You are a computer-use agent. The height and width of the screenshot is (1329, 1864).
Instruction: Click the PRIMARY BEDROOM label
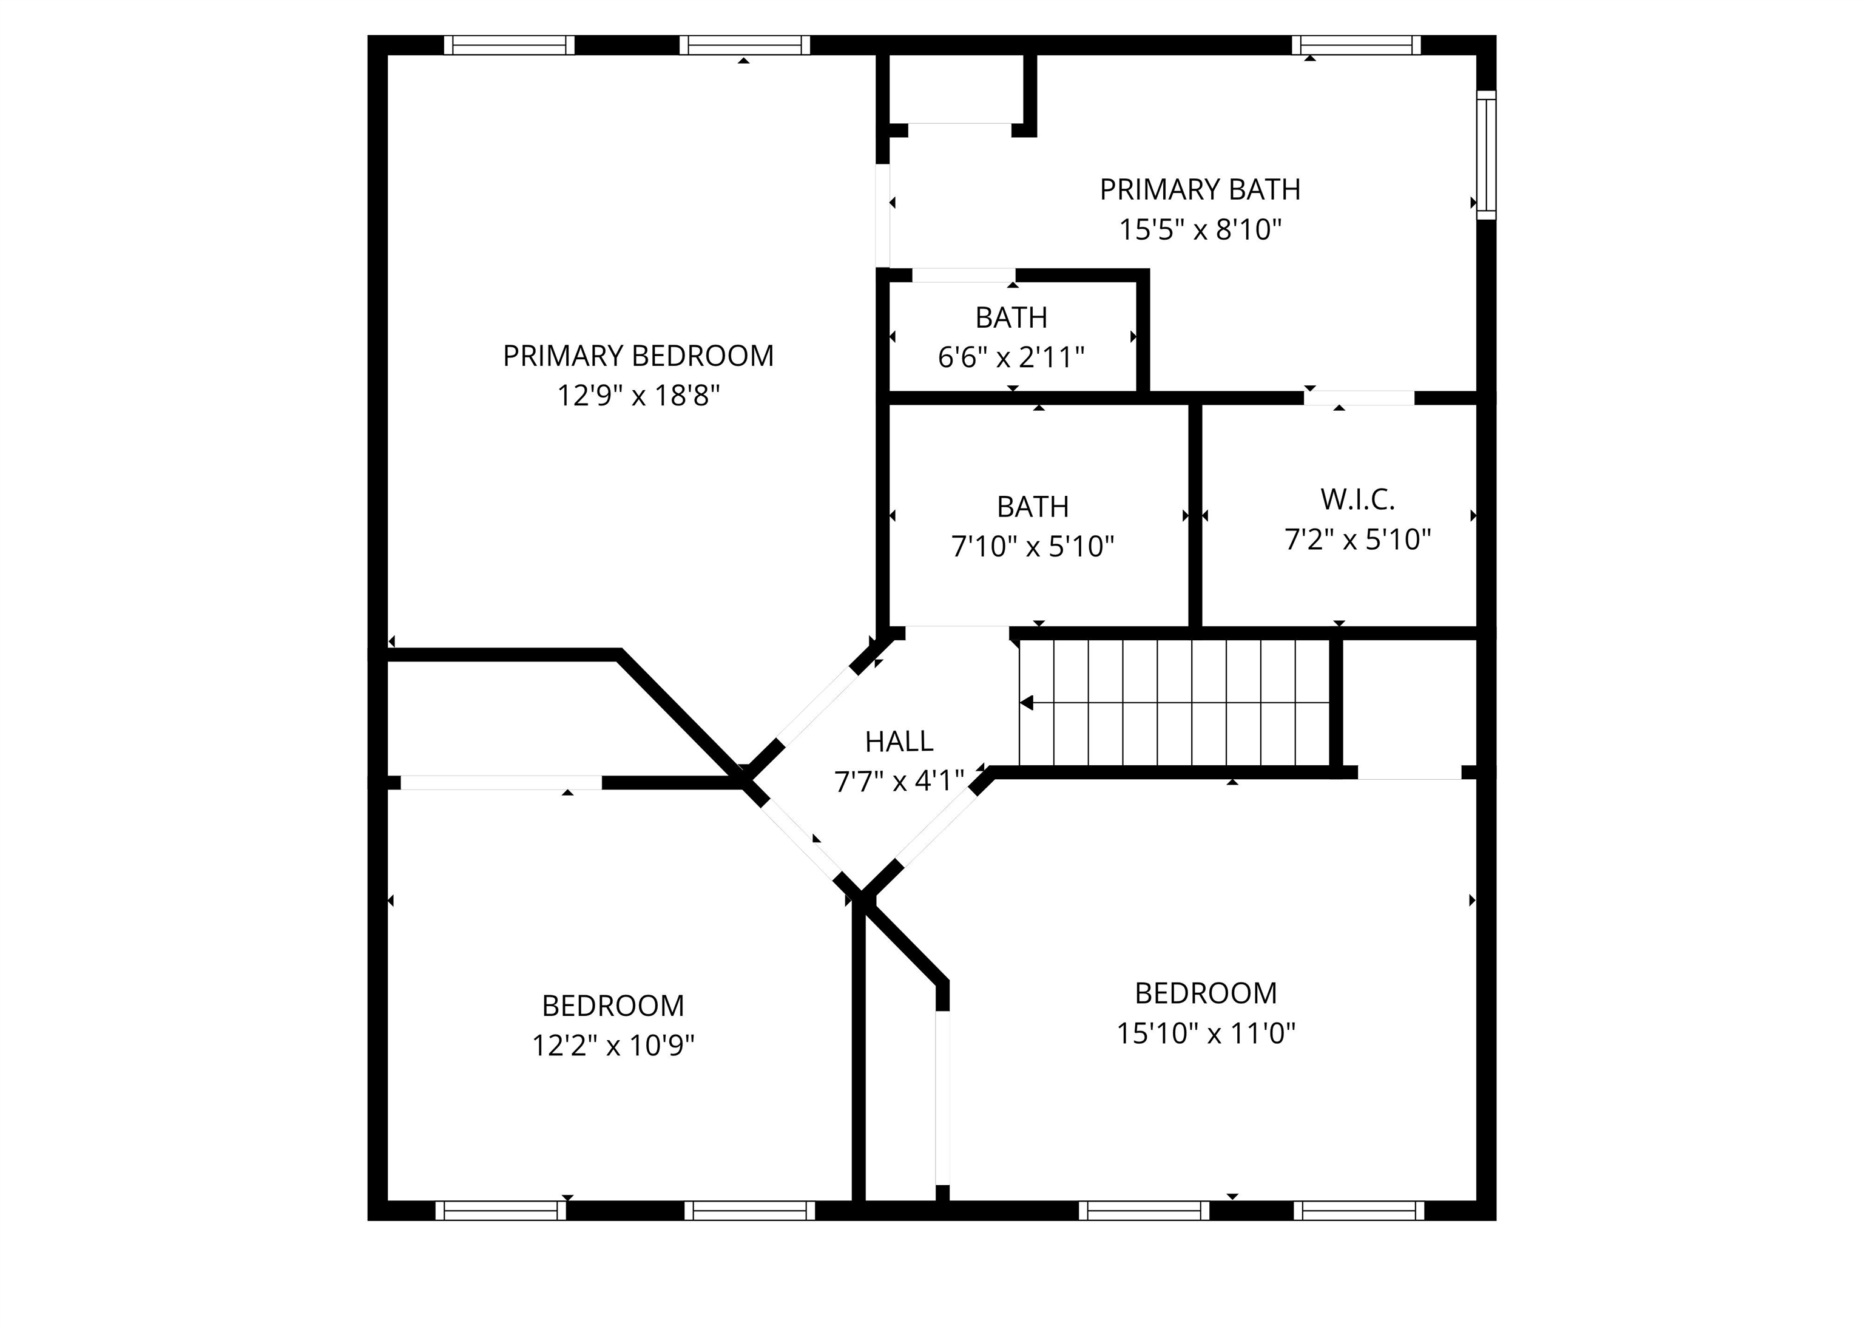[x=638, y=356]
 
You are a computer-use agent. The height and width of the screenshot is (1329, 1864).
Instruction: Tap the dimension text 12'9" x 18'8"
[x=638, y=396]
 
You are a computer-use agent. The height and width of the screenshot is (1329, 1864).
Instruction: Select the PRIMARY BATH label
[x=1200, y=190]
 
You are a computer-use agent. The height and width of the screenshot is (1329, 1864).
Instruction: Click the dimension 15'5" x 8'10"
[x=1200, y=230]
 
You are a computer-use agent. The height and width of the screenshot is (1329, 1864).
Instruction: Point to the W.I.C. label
[x=1357, y=499]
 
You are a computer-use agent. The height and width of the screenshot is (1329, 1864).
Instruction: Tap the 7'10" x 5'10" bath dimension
[x=1032, y=547]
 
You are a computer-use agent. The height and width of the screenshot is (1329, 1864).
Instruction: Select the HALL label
[x=899, y=742]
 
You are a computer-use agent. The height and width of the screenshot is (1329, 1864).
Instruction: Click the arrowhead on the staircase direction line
[x=1026, y=703]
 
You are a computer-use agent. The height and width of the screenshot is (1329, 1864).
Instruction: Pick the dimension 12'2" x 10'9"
[x=613, y=1046]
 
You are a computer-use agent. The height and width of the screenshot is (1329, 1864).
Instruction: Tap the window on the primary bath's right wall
[x=1485, y=155]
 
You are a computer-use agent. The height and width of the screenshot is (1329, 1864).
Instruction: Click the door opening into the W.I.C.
[x=1359, y=399]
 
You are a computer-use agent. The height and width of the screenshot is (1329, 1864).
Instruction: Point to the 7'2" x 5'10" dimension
[x=1357, y=540]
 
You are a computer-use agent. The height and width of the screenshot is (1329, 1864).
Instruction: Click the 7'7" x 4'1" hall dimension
[x=899, y=782]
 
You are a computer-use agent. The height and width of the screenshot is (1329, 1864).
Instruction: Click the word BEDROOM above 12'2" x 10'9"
[x=613, y=1006]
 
